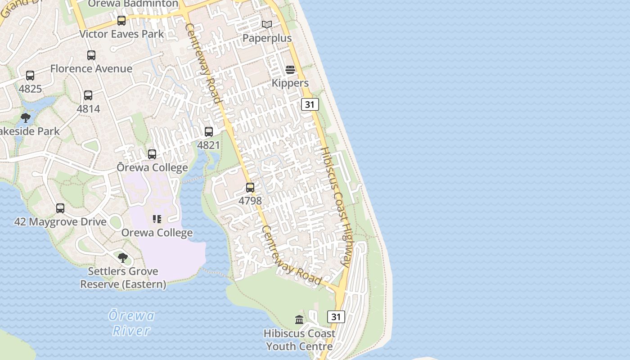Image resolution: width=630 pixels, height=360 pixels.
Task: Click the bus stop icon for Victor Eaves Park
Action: click(121, 21)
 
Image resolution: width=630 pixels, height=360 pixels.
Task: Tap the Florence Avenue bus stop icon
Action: click(91, 55)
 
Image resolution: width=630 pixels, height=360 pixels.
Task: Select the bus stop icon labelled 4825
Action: click(30, 76)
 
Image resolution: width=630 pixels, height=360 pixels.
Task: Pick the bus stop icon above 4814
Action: click(88, 95)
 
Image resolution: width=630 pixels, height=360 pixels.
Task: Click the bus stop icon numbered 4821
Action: click(209, 132)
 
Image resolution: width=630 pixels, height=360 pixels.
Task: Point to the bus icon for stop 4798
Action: click(250, 188)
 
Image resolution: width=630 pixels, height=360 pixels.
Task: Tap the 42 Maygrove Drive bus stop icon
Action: click(60, 208)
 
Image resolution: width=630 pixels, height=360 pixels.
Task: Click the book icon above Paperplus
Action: click(267, 24)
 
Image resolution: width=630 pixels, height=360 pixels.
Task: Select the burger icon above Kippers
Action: click(290, 70)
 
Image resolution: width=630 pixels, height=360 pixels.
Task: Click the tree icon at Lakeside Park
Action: click(26, 118)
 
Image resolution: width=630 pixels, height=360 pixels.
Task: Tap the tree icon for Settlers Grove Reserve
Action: click(122, 258)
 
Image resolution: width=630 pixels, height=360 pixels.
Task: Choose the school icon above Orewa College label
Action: click(157, 219)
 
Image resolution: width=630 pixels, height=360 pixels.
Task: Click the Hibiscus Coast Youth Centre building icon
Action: click(299, 320)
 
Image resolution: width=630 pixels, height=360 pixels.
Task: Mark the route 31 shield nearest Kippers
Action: click(310, 104)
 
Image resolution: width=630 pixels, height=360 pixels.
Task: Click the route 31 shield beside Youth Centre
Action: click(336, 316)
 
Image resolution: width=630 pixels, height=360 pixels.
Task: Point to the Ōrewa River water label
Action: click(131, 323)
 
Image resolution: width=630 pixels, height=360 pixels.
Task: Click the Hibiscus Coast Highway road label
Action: click(336, 207)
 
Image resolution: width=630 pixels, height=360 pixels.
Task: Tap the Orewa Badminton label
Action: click(133, 4)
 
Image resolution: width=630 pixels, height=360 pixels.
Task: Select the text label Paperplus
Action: click(267, 38)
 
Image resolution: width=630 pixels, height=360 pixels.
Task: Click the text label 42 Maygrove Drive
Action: click(60, 222)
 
